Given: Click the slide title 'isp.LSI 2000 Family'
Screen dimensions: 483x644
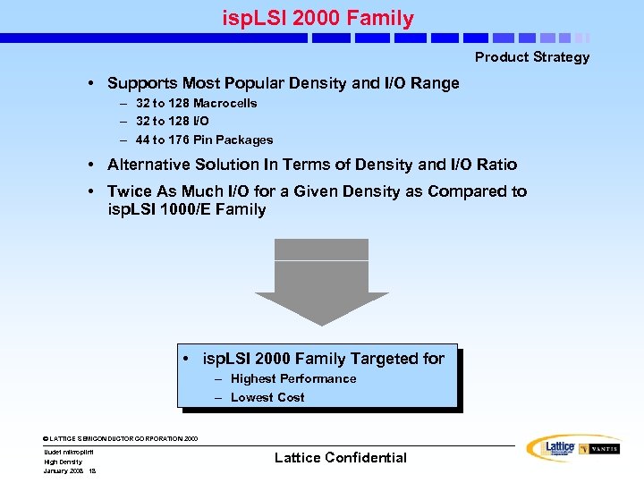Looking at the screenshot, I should coord(318,17).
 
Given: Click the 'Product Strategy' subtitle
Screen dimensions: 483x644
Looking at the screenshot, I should coord(532,57).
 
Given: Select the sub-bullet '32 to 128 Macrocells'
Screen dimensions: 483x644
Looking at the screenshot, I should coord(196,103).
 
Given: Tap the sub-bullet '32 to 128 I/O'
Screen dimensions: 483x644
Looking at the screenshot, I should coord(172,121).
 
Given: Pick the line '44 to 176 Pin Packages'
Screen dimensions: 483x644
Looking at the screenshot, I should coord(204,140).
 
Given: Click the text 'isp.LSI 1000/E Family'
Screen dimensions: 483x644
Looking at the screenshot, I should coord(186,210).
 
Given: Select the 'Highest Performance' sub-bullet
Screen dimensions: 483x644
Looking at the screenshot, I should coord(292,379).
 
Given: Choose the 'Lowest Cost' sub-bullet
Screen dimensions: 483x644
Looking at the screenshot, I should coord(267,398).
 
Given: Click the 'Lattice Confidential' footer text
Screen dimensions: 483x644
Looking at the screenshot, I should coord(340,458).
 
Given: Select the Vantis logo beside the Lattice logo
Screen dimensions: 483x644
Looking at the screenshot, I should coord(598,448).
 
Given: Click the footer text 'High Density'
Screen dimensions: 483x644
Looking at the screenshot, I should coord(63,462).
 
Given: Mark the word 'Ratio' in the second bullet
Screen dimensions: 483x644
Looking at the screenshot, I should coord(496,165).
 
